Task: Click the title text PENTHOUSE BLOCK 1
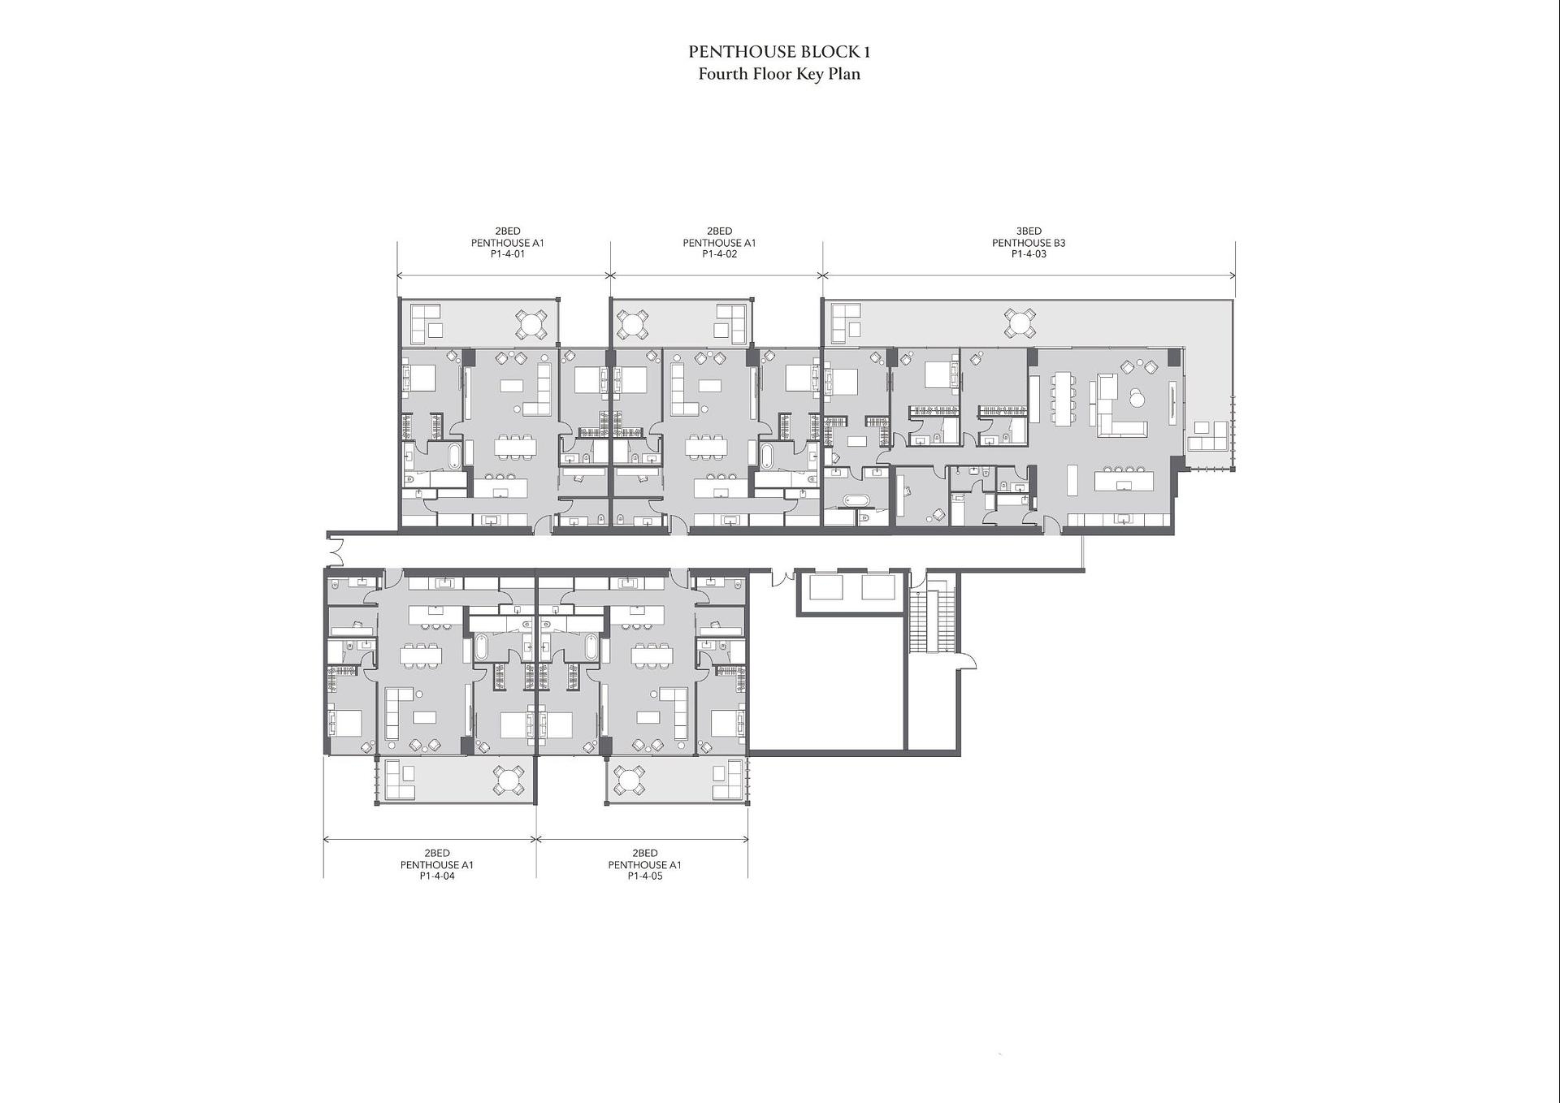779,52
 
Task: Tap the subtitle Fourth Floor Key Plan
779,74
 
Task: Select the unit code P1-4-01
508,254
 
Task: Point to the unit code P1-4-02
719,254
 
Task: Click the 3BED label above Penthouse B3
1029,231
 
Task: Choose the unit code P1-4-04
437,876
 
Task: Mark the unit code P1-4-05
645,876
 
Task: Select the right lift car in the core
878,586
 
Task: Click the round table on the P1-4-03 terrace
1020,322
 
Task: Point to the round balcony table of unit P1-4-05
630,781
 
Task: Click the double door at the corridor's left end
335,552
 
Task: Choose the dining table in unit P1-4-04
420,655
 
